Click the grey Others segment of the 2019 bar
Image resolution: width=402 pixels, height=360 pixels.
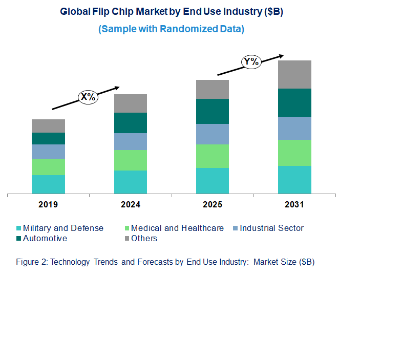pos(48,126)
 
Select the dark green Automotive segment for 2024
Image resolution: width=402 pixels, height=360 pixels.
pos(131,123)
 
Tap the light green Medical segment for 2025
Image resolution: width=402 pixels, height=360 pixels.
pos(213,156)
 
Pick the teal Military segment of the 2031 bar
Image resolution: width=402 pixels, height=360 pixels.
pos(294,180)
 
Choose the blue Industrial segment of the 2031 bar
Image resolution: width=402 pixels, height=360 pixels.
pos(294,128)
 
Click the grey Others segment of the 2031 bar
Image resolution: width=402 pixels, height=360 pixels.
pos(294,74)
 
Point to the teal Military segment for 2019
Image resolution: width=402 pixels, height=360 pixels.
pos(48,184)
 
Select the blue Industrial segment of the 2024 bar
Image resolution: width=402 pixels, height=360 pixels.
pos(131,141)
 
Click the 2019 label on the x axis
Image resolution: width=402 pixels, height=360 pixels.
pos(48,204)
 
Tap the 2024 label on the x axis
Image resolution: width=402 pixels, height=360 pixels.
pos(131,204)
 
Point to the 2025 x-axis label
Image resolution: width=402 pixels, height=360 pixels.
pos(213,204)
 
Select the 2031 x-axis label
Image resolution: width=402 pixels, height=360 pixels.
pos(294,204)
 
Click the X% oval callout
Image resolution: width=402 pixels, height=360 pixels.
pos(88,97)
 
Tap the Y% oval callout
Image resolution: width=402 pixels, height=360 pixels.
pos(251,62)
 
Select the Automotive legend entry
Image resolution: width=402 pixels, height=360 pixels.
pos(45,239)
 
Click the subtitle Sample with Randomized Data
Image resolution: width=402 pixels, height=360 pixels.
pos(171,29)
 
